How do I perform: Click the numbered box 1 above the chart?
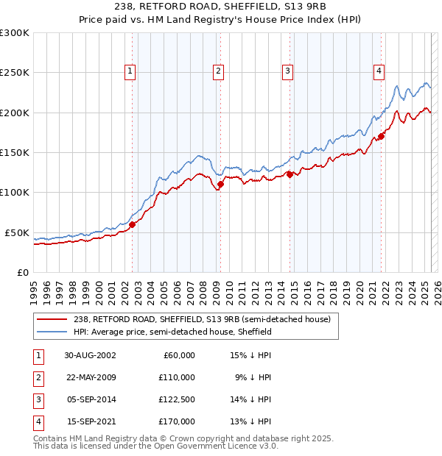point(130,71)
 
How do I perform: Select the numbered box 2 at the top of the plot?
point(219,71)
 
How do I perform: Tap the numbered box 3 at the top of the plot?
point(287,71)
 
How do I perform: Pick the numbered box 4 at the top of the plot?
point(379,71)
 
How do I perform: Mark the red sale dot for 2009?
point(220,185)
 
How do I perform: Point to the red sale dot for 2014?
point(290,174)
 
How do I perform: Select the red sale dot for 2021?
point(382,136)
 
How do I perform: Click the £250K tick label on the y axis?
point(15,73)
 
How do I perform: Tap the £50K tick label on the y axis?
point(18,232)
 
